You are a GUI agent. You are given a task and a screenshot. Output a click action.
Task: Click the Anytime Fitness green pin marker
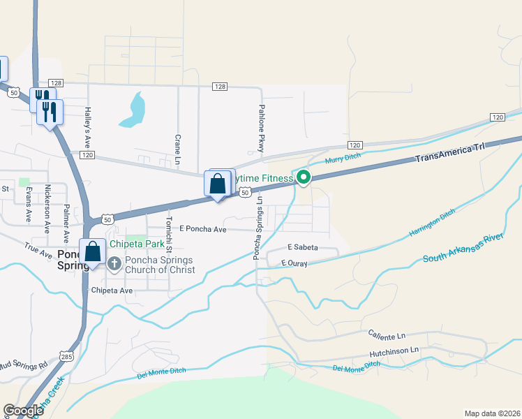coord(304,177)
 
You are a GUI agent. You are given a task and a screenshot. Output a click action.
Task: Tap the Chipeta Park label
coord(140,244)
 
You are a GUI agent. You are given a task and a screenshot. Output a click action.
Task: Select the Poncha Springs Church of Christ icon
coord(114,263)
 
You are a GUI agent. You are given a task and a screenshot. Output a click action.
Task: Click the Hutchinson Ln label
coord(395,351)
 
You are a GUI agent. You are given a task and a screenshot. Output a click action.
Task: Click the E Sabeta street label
coord(303,248)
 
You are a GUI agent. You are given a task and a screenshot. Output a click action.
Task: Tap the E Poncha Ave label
coord(202,229)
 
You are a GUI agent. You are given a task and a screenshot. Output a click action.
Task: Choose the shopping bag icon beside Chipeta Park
coord(92,252)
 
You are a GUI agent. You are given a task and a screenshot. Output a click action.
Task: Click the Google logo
coord(23,411)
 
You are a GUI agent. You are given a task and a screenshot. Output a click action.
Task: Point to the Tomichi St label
coord(168,230)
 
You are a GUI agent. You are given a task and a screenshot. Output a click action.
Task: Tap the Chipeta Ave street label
coord(112,291)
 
